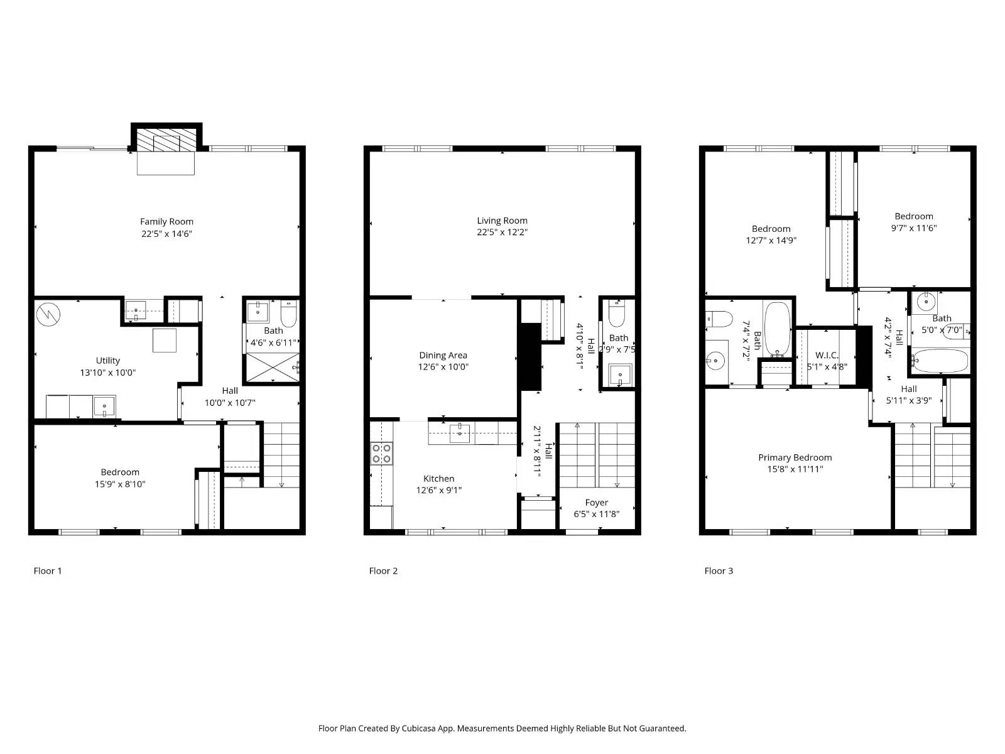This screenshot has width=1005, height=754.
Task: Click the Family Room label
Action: click(x=166, y=222)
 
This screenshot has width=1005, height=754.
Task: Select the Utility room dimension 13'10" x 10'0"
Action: click(x=107, y=373)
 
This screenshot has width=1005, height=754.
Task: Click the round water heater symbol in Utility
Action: click(x=48, y=314)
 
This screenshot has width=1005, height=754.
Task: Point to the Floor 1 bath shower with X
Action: click(x=273, y=367)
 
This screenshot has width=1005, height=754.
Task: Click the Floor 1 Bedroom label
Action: click(x=120, y=472)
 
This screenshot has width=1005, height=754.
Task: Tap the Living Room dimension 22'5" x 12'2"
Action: click(x=502, y=232)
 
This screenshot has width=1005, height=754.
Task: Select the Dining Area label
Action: click(x=443, y=355)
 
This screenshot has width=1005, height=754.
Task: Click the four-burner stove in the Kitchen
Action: click(x=381, y=453)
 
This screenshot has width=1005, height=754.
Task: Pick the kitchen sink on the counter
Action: click(x=459, y=433)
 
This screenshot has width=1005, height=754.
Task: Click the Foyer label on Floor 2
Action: click(x=596, y=503)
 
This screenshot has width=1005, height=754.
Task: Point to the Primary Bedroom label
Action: click(x=795, y=457)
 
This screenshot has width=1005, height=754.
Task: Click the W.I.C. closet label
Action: click(x=827, y=355)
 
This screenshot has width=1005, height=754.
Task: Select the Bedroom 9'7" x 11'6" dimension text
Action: click(x=913, y=228)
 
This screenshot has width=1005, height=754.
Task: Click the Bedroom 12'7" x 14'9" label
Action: click(x=771, y=229)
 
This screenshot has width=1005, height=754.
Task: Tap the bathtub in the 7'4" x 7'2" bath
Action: click(x=777, y=329)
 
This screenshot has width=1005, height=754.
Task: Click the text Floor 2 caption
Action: click(x=383, y=571)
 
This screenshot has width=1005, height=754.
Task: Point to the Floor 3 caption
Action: click(x=719, y=571)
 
